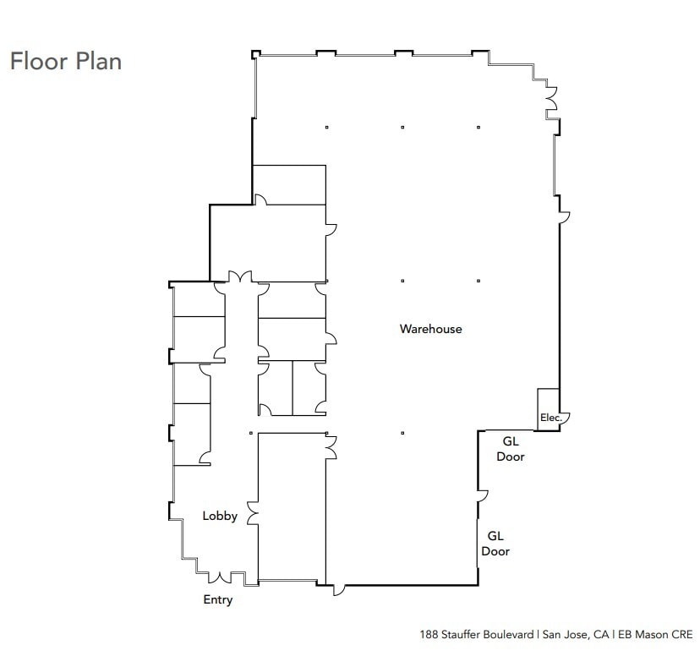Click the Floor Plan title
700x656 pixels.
tap(65, 62)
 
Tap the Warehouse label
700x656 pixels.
tap(430, 329)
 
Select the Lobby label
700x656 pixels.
tap(219, 516)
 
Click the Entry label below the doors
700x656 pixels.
tap(217, 599)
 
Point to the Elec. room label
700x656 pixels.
tap(550, 418)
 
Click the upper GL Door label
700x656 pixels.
tap(511, 449)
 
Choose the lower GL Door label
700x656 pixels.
tap(495, 544)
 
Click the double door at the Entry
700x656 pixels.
tap(221, 577)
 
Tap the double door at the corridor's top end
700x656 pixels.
tap(241, 278)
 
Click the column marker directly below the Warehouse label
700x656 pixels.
tap(402, 433)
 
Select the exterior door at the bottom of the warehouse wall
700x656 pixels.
tap(338, 588)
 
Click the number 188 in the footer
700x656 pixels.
tap(429, 633)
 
